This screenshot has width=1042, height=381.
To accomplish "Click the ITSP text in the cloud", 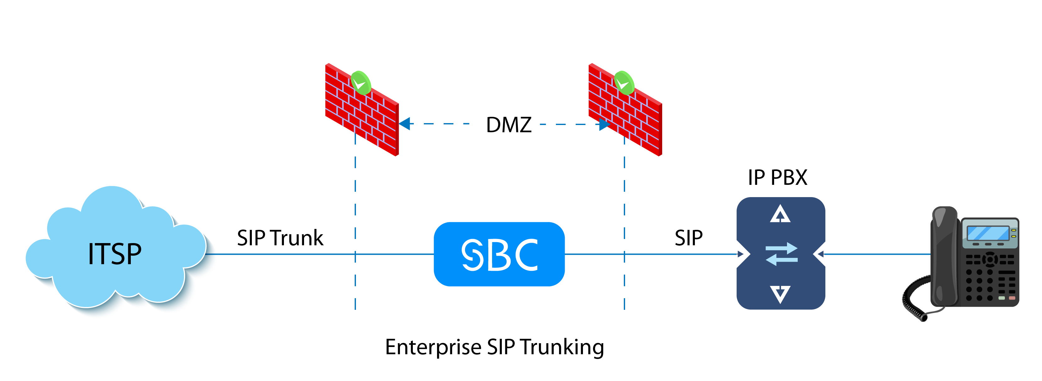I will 114,254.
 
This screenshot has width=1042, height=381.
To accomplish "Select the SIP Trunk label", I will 280,238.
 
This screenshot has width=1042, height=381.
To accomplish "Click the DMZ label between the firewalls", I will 508,125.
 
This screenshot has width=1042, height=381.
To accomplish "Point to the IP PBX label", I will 777,177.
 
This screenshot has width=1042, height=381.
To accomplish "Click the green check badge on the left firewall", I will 360,83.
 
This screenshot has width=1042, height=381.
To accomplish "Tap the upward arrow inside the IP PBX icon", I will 780,214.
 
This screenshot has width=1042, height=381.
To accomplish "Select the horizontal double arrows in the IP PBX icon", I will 782,254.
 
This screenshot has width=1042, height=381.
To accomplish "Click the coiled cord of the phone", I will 915,302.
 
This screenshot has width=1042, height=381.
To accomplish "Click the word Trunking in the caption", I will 562,347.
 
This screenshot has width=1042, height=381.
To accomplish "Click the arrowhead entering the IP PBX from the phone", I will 819,254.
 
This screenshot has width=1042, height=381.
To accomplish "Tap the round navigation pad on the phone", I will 990,259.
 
